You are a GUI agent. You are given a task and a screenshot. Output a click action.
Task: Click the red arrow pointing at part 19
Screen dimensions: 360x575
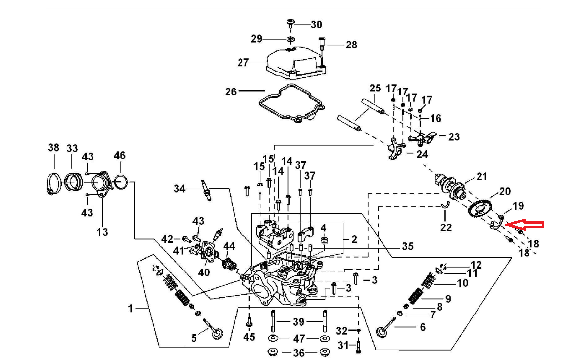527,225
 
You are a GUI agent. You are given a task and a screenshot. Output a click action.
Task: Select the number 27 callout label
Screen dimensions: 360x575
243,63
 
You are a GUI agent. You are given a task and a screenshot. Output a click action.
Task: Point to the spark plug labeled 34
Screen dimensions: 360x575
207,190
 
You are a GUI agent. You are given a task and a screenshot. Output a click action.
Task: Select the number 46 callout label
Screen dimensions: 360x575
119,155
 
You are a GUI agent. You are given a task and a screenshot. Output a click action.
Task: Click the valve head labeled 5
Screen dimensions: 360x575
217,334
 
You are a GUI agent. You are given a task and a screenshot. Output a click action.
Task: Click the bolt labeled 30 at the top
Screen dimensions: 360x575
290,23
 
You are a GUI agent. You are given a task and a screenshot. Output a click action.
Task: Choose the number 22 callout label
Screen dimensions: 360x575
446,227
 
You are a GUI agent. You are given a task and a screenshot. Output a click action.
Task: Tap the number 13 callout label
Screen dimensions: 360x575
102,232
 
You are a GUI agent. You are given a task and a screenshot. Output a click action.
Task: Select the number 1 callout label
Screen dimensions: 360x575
131,309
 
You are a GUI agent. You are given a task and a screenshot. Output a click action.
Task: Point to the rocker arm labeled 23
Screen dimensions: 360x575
423,137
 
